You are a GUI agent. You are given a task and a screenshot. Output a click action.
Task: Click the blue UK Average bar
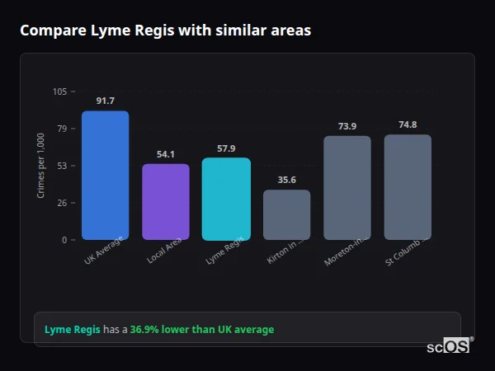(x=105, y=176)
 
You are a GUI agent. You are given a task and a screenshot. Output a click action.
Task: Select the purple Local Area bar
(x=166, y=202)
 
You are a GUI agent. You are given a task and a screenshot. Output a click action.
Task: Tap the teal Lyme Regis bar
(x=226, y=199)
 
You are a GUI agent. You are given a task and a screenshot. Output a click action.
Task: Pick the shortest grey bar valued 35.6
(x=287, y=215)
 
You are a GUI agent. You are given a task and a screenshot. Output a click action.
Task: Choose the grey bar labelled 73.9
(x=347, y=188)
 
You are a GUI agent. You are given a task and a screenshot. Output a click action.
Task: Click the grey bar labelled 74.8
(x=408, y=187)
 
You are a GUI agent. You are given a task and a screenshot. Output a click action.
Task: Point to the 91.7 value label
(x=105, y=101)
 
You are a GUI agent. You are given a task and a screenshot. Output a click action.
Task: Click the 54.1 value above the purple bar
(x=166, y=154)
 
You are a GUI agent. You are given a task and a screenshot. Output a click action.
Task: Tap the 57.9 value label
(x=226, y=148)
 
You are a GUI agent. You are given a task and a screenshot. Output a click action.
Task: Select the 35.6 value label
(x=287, y=180)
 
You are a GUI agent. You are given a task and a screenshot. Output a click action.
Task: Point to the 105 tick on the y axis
(x=60, y=92)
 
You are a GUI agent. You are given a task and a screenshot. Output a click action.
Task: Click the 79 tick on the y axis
(x=63, y=129)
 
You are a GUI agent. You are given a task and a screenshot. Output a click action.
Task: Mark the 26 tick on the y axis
(x=63, y=203)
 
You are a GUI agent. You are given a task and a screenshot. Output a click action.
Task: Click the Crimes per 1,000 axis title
(x=41, y=166)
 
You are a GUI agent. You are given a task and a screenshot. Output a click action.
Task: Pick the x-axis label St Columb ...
(x=403, y=251)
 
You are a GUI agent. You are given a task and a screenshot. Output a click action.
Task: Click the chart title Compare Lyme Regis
(x=165, y=31)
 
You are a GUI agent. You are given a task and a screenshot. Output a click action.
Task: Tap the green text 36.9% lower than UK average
(x=202, y=330)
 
